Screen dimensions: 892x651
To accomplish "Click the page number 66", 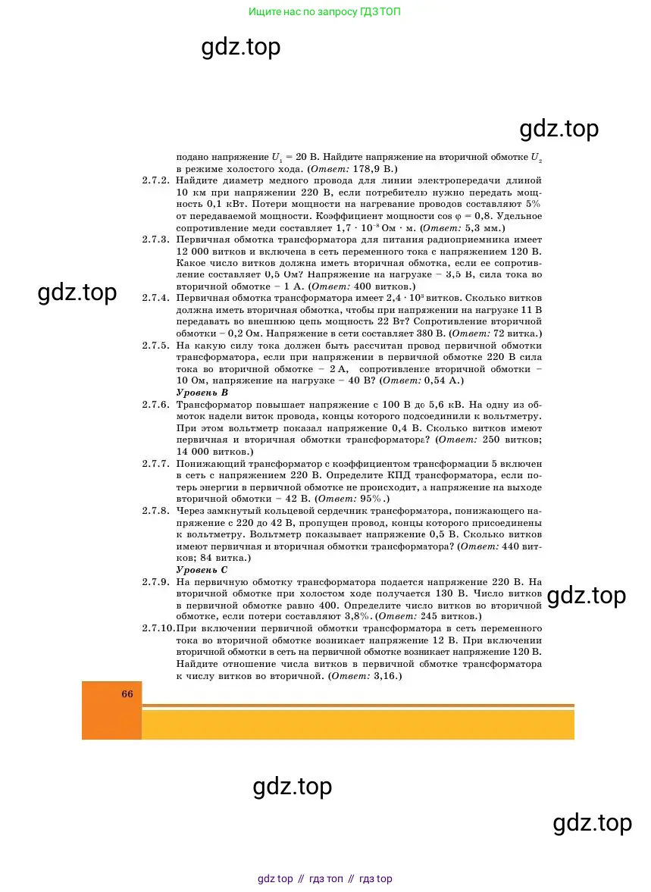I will pyautogui.click(x=127, y=693).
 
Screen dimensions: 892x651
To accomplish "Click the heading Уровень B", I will pyautogui.click(x=202, y=393).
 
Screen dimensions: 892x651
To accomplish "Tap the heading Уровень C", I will pyautogui.click(x=202, y=569).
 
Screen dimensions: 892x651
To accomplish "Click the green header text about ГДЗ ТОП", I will pyautogui.click(x=325, y=12).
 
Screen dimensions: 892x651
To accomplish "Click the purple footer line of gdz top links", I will pyautogui.click(x=325, y=879).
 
